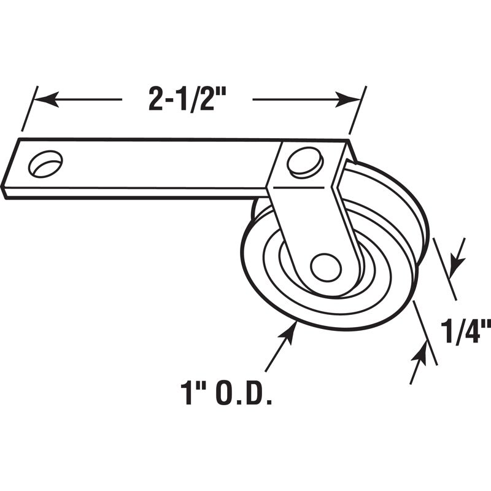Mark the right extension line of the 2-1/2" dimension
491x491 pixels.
point(357,110)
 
